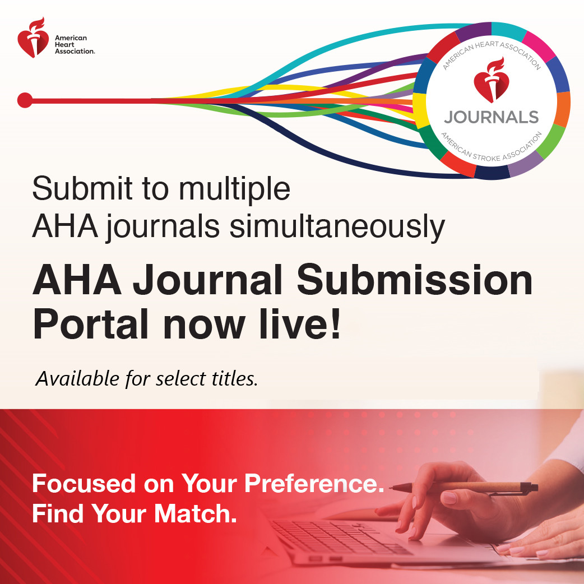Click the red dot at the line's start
point(25,100)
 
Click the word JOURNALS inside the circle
point(491,117)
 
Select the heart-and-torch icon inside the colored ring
point(491,84)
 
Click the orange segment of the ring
point(563,109)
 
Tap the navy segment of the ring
point(492,172)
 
